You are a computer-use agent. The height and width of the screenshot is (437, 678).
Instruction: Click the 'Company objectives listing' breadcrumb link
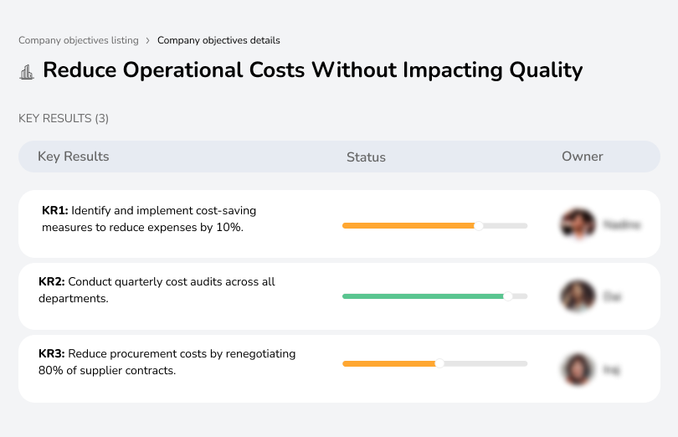point(79,40)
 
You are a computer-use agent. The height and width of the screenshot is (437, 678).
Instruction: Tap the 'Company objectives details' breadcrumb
point(218,40)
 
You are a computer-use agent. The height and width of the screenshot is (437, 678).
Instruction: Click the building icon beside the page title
point(27,71)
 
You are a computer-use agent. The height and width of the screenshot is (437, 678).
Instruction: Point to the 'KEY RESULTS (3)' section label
point(64,119)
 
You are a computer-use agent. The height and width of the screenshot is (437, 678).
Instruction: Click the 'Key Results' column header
point(73,157)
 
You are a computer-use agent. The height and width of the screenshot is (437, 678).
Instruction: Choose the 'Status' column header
point(366,157)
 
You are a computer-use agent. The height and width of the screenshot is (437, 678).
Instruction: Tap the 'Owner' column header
point(582,157)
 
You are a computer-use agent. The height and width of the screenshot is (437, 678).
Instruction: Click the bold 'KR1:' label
point(54,211)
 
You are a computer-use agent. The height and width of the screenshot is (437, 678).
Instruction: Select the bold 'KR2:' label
point(52,282)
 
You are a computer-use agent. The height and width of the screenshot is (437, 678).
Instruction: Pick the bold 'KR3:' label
point(52,354)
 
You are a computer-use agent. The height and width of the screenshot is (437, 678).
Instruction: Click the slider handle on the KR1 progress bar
point(479,225)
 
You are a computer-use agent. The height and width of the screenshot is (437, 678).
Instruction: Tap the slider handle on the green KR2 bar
point(507,296)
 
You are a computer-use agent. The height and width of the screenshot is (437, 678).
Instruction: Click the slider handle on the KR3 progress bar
point(439,363)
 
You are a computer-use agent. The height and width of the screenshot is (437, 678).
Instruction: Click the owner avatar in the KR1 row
point(578,224)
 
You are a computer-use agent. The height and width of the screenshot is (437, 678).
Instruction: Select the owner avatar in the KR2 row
point(578,296)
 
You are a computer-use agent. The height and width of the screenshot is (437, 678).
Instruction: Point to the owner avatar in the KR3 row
point(578,368)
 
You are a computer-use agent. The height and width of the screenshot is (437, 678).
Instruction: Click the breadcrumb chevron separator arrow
point(148,40)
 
